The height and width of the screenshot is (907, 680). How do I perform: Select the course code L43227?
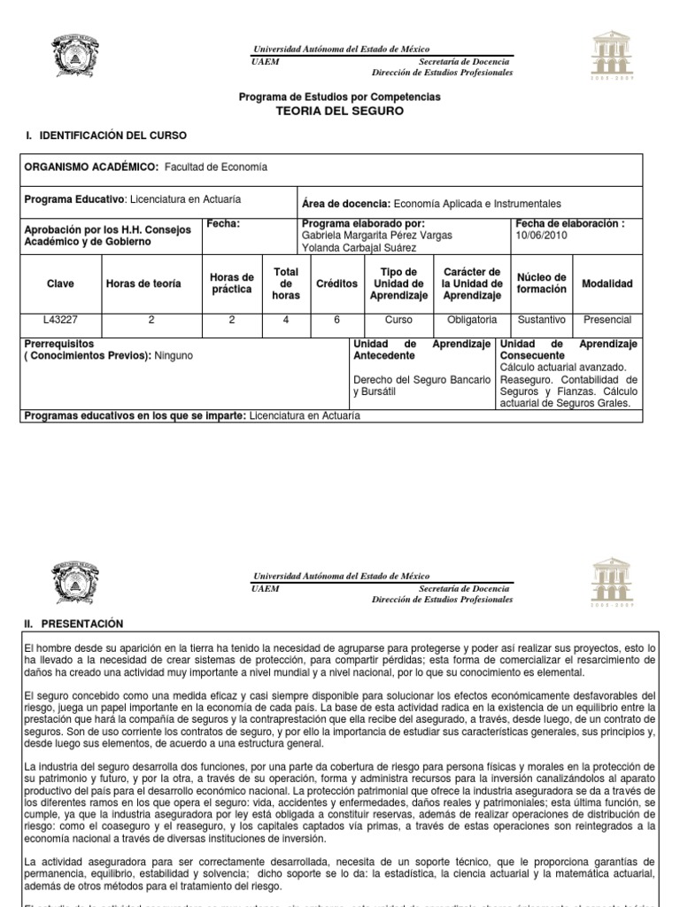pos(60,320)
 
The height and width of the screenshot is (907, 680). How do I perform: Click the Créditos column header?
pos(336,283)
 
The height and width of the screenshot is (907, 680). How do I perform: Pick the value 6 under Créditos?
pos(336,320)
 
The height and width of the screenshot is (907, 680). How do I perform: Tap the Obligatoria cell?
pos(472,320)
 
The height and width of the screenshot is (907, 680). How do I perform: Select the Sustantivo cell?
pos(541,320)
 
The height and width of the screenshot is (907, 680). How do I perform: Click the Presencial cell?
pos(607,320)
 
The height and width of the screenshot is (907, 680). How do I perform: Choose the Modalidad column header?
pos(607,283)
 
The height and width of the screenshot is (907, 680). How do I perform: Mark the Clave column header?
pos(60,283)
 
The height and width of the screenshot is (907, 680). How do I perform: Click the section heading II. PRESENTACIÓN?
pos(73,624)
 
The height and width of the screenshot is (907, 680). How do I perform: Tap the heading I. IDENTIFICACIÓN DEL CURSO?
pos(105,136)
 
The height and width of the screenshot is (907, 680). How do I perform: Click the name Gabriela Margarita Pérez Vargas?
pos(377,236)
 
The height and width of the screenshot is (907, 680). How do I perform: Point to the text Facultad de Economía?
pos(216,167)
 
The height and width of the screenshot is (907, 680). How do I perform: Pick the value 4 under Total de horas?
pos(286,320)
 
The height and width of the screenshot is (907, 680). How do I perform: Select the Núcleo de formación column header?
pos(541,283)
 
